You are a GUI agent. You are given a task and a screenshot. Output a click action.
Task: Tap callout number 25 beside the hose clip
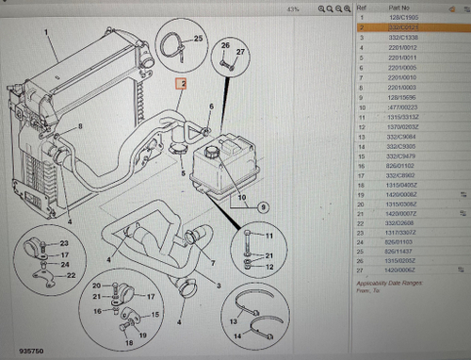coord(198,39)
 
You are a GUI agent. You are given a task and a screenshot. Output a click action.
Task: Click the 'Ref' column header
coord(363,8)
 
